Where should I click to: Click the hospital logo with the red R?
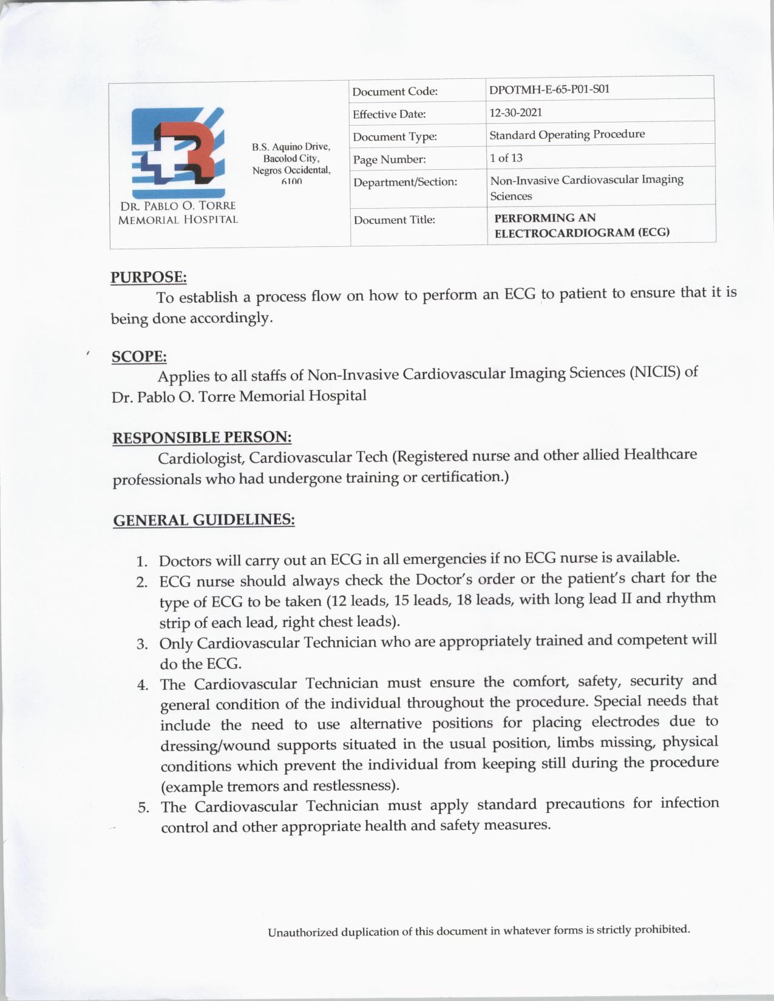(178, 147)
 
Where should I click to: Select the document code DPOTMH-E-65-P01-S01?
(549, 90)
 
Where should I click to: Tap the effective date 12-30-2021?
(515, 112)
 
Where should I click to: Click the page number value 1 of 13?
(506, 158)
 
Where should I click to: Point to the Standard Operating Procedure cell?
(567, 134)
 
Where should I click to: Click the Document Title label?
(394, 220)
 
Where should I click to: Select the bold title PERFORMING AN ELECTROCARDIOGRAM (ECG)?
(581, 225)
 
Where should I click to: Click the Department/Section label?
(405, 182)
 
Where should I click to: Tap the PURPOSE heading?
(148, 277)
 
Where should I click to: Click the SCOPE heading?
(139, 357)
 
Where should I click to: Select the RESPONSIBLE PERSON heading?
(202, 437)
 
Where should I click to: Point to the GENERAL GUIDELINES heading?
(204, 521)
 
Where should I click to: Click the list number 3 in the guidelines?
(142, 644)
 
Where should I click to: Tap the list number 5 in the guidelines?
(143, 808)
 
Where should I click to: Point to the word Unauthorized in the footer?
(302, 932)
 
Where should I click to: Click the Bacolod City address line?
(291, 158)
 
